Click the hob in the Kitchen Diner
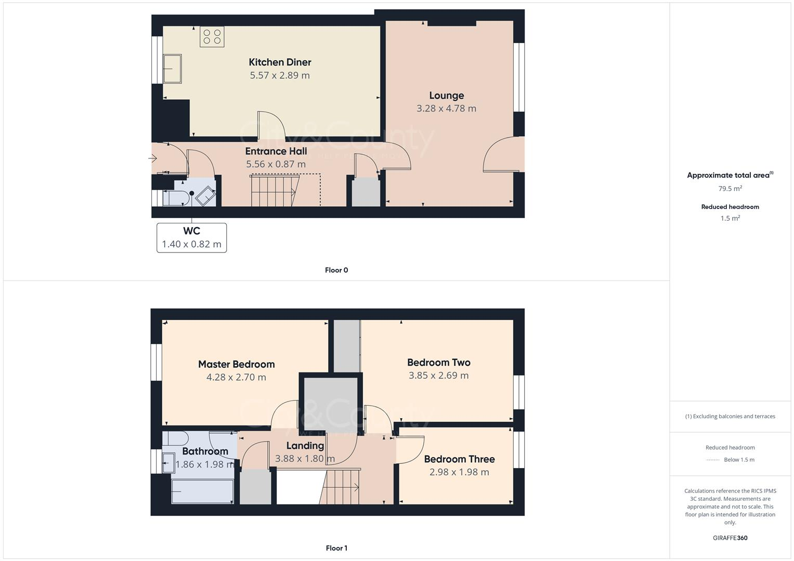click(212, 37)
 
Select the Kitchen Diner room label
click(280, 62)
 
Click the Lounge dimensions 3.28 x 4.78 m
click(446, 109)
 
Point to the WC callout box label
click(191, 231)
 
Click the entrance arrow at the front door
click(153, 158)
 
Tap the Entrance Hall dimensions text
click(276, 164)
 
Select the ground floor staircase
click(275, 191)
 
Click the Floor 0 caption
click(336, 270)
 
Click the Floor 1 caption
click(336, 548)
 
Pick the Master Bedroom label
click(236, 364)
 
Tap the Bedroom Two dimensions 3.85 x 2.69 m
click(438, 376)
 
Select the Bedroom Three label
click(459, 459)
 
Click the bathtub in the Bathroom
click(202, 491)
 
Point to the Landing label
click(305, 446)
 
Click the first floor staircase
click(341, 487)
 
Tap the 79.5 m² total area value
click(730, 189)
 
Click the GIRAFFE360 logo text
click(730, 538)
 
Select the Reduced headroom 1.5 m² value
click(730, 218)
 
